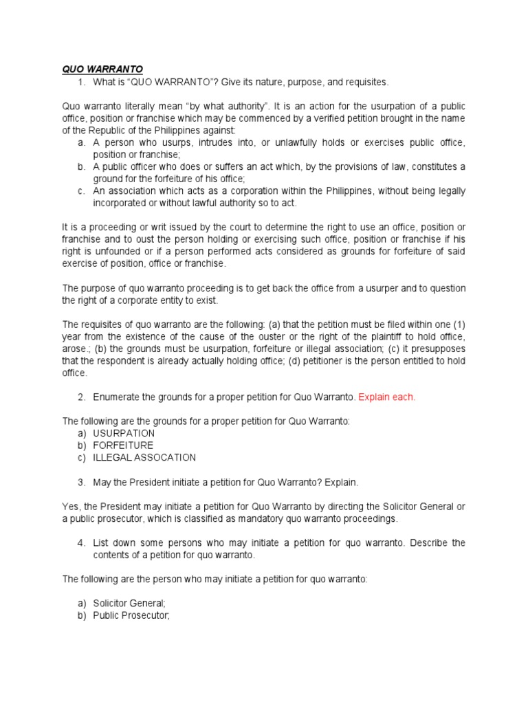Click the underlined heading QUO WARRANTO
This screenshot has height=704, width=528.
tap(102, 69)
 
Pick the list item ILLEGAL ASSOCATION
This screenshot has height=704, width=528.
tap(144, 457)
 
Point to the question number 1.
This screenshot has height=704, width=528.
tap(80, 82)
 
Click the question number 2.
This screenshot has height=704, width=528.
tap(80, 397)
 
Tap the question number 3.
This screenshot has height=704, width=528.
tap(80, 482)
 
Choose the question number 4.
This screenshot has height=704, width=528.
tap(80, 542)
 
